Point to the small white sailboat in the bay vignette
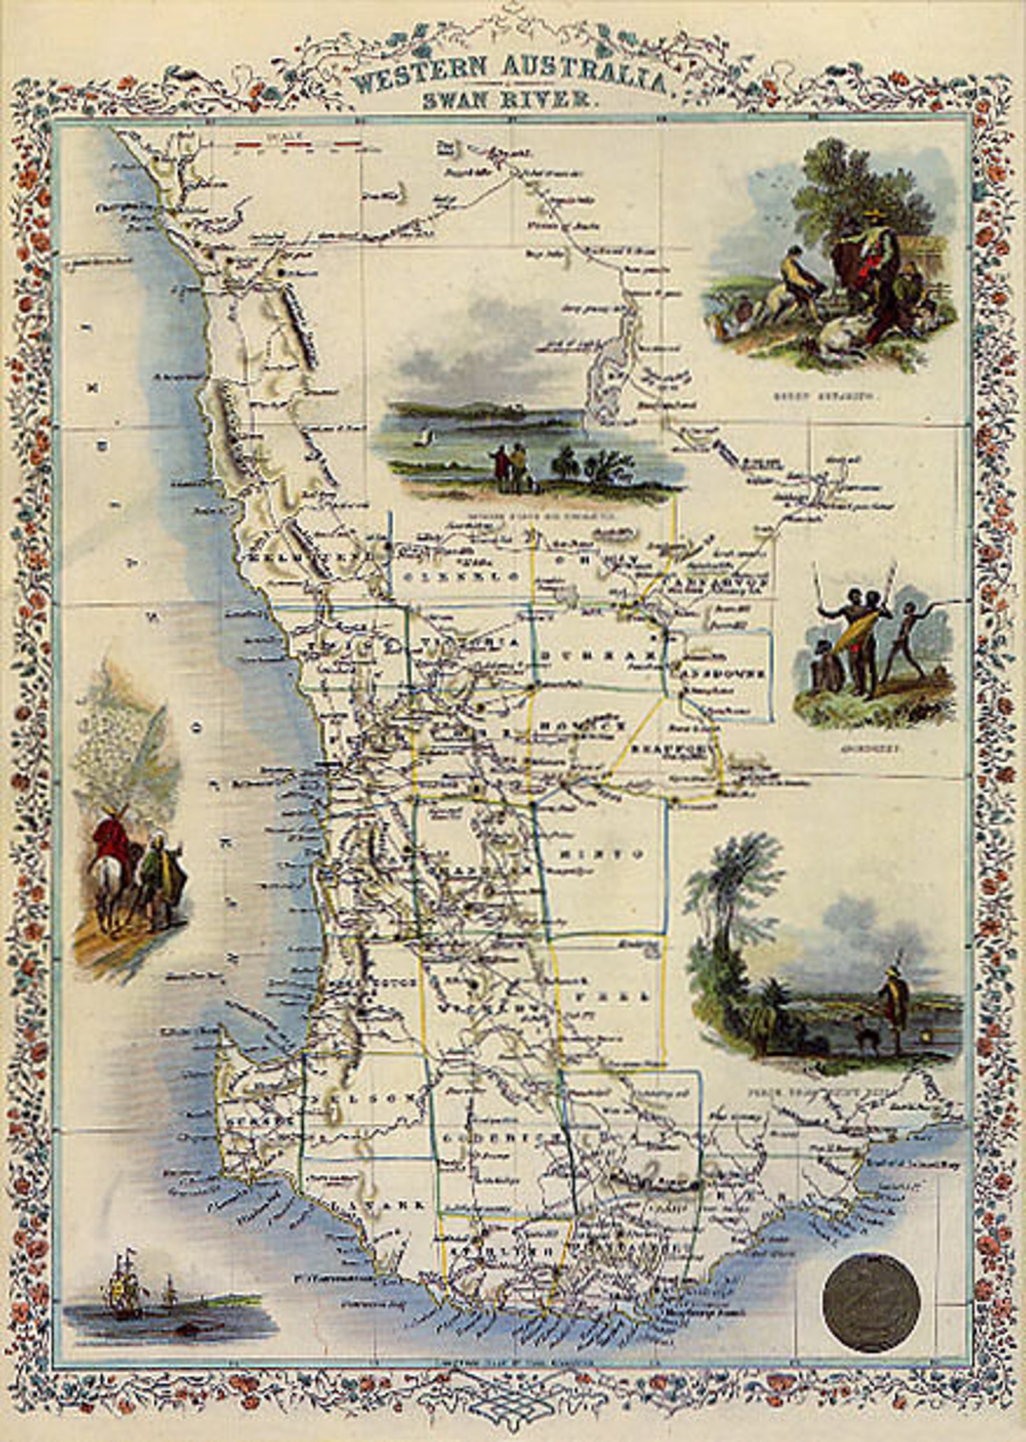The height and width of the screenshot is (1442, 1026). click(424, 439)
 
